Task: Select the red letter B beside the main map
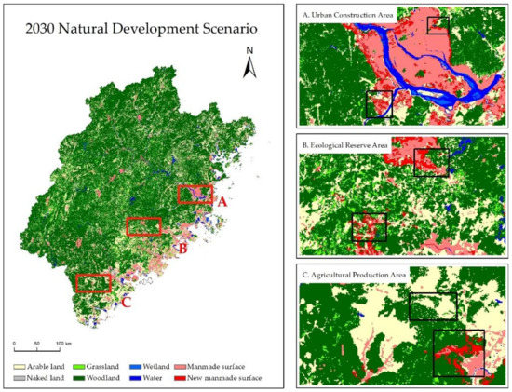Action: point(182,249)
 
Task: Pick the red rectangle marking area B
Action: point(143,226)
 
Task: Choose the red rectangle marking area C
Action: point(93,282)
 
